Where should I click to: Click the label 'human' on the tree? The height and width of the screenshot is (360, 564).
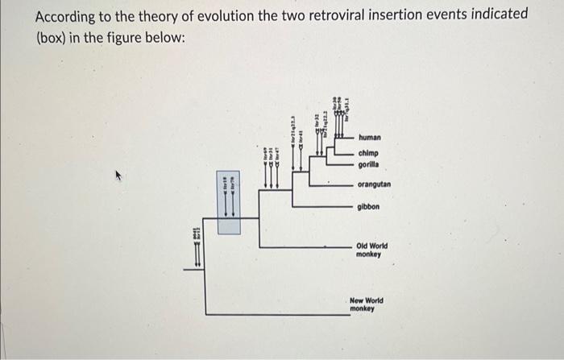[x=370, y=138]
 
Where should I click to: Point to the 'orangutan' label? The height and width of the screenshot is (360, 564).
[x=375, y=184]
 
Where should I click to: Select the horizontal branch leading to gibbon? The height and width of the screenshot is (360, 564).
[x=322, y=207]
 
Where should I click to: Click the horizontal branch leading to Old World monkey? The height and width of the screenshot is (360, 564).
[x=306, y=246]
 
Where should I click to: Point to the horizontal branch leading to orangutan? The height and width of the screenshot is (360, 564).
[x=322, y=184]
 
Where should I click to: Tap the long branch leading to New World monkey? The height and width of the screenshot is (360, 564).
[x=274, y=314]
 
